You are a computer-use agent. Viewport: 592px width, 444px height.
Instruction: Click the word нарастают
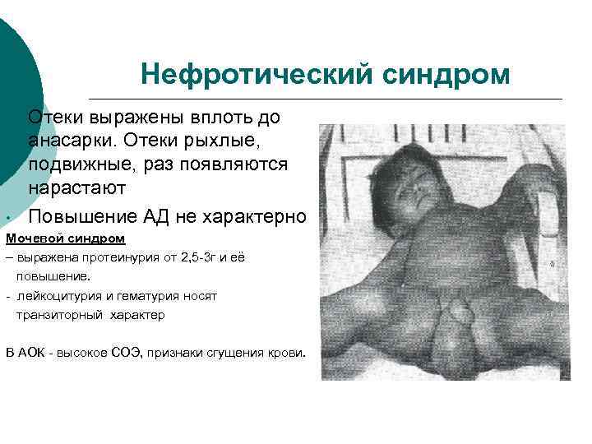coord(76,187)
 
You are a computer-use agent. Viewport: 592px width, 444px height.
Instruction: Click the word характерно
coord(254,217)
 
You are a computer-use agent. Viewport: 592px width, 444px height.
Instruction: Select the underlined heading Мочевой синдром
coord(66,239)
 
